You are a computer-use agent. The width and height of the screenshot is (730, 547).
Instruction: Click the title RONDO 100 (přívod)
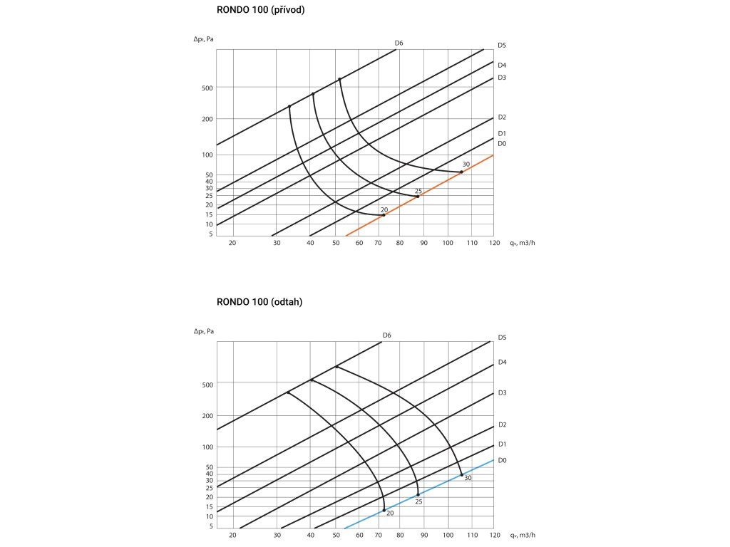(x=260, y=10)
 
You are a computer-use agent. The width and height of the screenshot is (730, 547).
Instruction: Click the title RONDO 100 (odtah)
(x=259, y=302)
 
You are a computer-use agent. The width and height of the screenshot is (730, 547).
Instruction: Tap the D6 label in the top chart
(x=399, y=43)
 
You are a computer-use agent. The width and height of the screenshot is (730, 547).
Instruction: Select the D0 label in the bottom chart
(x=502, y=461)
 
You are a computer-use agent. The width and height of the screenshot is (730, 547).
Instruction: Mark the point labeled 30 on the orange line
(x=461, y=172)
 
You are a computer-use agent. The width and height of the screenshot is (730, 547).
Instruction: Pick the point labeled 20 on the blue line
(x=384, y=510)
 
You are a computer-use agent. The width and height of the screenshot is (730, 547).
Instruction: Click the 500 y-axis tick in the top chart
(x=207, y=88)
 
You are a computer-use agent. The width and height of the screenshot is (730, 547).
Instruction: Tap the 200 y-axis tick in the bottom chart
(x=207, y=415)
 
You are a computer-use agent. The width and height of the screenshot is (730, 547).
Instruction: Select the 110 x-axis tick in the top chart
(x=471, y=243)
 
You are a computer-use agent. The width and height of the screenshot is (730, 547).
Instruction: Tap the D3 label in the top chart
(x=502, y=77)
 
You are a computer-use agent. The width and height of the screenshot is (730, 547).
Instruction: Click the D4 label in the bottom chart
(x=502, y=363)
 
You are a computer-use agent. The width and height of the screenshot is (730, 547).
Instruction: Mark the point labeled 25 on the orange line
(x=417, y=196)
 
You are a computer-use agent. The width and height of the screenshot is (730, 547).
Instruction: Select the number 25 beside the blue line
(x=418, y=502)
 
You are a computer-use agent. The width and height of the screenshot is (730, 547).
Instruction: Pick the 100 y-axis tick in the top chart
(x=207, y=155)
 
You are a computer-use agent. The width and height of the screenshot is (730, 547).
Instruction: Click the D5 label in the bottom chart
(x=502, y=337)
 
